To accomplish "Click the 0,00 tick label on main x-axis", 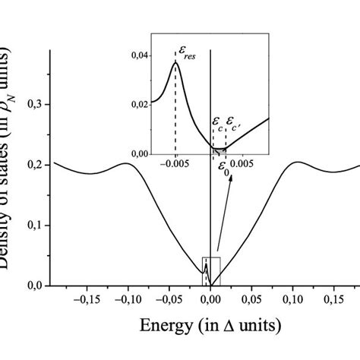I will [211, 300].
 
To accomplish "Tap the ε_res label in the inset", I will [188, 52].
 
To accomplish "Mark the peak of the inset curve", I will [175, 62].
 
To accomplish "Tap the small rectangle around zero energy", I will [210, 271].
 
